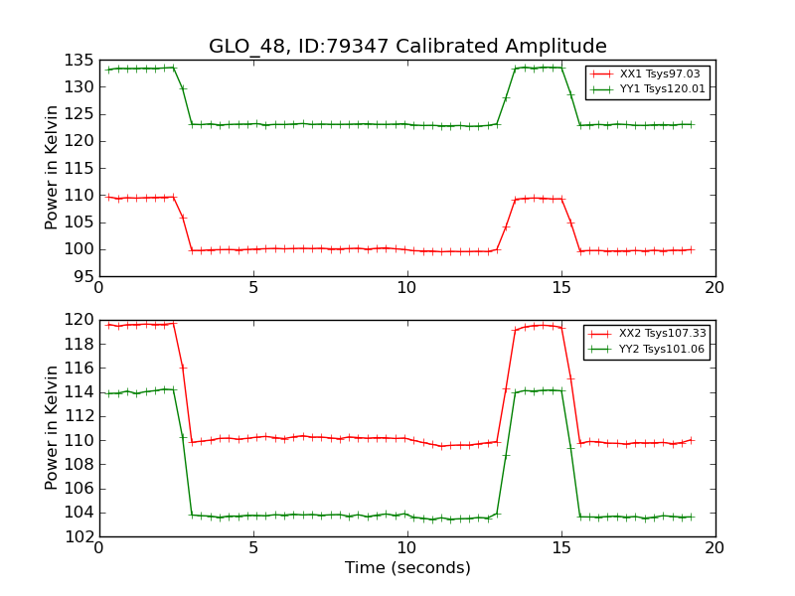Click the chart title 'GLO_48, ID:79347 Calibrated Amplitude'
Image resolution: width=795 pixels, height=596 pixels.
coord(407,47)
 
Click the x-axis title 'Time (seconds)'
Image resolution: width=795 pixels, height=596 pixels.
coord(407,568)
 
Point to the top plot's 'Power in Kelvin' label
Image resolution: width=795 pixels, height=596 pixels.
coord(53,168)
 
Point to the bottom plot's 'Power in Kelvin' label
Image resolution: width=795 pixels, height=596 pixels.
coord(53,428)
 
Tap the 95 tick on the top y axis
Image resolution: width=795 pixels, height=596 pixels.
coord(83,276)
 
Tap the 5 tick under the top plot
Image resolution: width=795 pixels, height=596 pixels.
coord(253,288)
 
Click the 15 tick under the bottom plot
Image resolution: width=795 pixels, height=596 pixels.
coord(561,548)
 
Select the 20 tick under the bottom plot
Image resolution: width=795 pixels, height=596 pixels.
coord(715,548)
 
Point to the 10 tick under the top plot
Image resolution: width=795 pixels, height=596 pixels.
coord(407,288)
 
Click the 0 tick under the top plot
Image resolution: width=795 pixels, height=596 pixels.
coord(99,288)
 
